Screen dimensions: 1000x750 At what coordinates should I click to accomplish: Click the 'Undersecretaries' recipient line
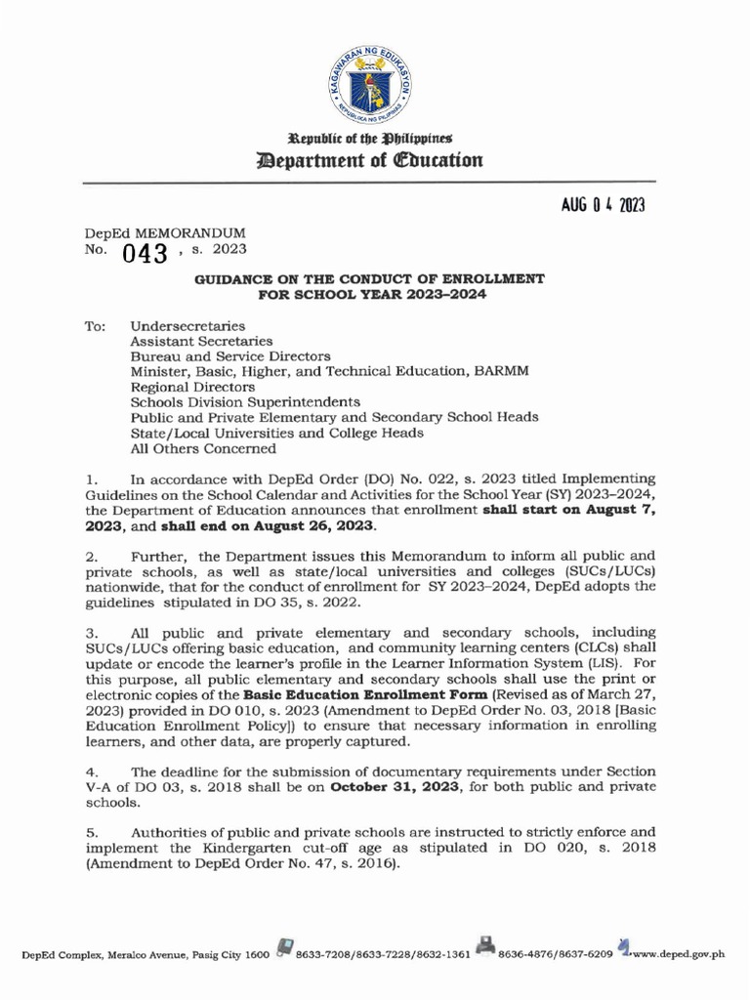pyautogui.click(x=187, y=325)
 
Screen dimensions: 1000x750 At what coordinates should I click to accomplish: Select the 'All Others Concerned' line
pyautogui.click(x=203, y=449)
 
